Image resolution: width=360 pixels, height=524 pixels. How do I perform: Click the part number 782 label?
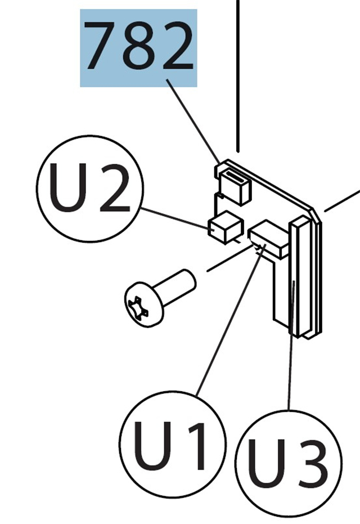138,48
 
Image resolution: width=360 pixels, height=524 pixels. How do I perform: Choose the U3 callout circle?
288,463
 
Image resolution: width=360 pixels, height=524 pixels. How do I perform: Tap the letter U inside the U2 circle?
70,188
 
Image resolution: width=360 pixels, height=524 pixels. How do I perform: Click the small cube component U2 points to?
224,227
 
